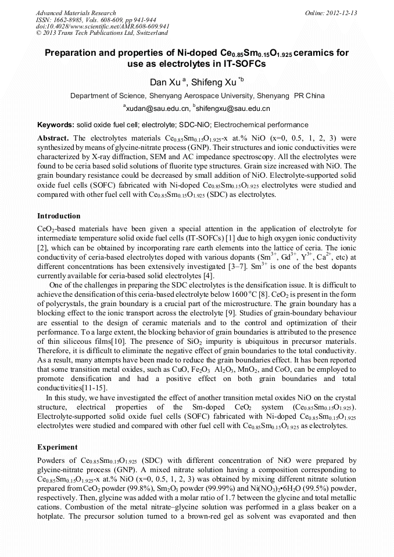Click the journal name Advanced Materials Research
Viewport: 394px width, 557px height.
coord(76,13)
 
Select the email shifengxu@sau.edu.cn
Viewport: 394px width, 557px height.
coord(233,109)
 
